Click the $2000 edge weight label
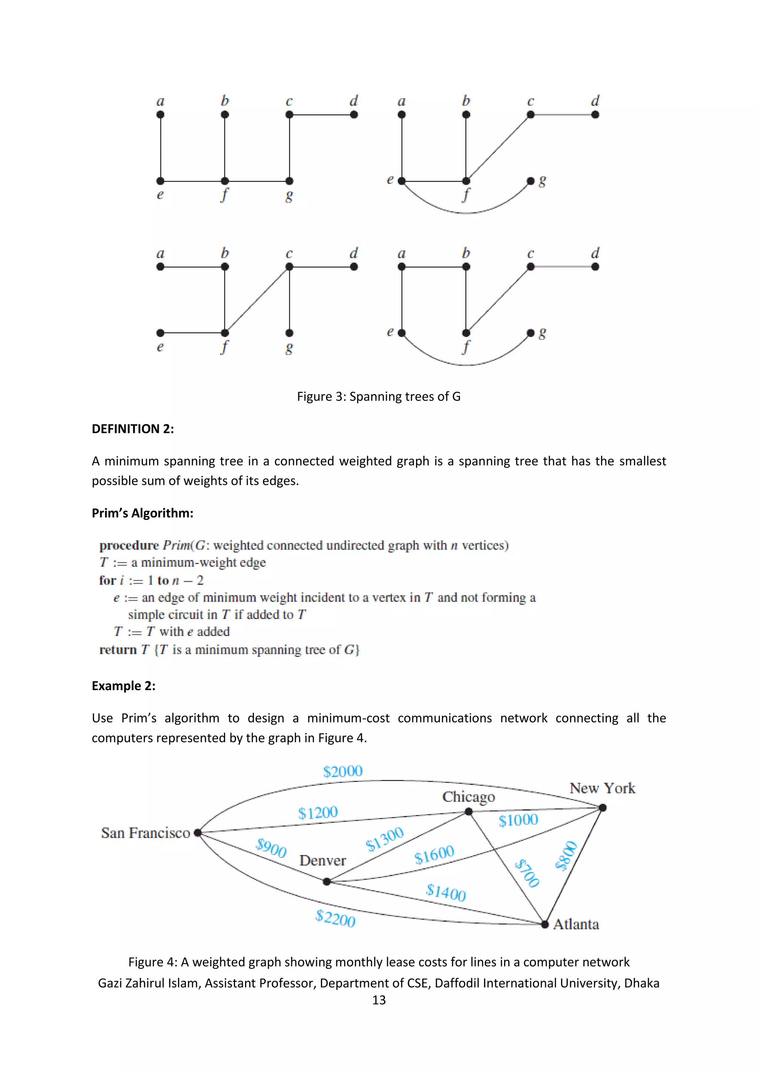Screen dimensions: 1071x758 [343, 771]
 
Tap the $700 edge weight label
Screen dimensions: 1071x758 [527, 873]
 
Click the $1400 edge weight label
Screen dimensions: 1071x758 [446, 892]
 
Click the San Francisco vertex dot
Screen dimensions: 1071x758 [197, 832]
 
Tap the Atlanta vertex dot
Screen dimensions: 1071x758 [545, 924]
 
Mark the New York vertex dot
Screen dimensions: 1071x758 [603, 807]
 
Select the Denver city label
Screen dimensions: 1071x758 [322, 860]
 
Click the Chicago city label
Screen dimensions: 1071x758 [468, 797]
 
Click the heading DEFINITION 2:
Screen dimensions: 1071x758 [133, 429]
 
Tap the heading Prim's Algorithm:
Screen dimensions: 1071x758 [142, 513]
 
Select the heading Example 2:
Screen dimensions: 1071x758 [123, 686]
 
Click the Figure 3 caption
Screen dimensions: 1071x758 [379, 396]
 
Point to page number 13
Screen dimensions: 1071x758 [379, 1000]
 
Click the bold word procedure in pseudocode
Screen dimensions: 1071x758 [129, 545]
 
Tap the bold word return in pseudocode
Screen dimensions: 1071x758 [118, 650]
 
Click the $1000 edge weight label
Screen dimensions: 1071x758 [518, 820]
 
